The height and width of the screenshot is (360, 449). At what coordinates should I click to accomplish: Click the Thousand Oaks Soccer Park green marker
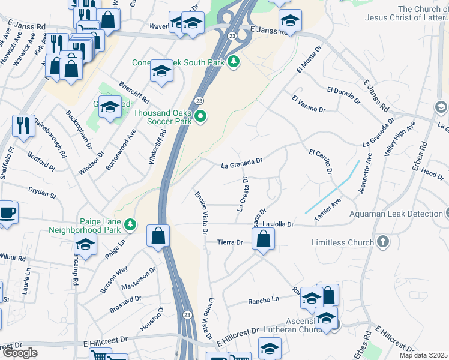[201, 116]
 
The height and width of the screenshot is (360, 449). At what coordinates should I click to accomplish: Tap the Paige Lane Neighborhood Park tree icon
[131, 226]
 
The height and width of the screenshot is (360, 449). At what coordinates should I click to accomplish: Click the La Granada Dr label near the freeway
[243, 161]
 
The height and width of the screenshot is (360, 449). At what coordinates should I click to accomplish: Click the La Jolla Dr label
[278, 224]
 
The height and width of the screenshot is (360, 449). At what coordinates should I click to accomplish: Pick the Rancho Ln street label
[264, 299]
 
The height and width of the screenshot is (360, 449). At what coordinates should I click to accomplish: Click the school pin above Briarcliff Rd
[161, 71]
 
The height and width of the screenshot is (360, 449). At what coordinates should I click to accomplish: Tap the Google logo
[20, 353]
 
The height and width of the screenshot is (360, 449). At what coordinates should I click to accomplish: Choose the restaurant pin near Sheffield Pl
[23, 125]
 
